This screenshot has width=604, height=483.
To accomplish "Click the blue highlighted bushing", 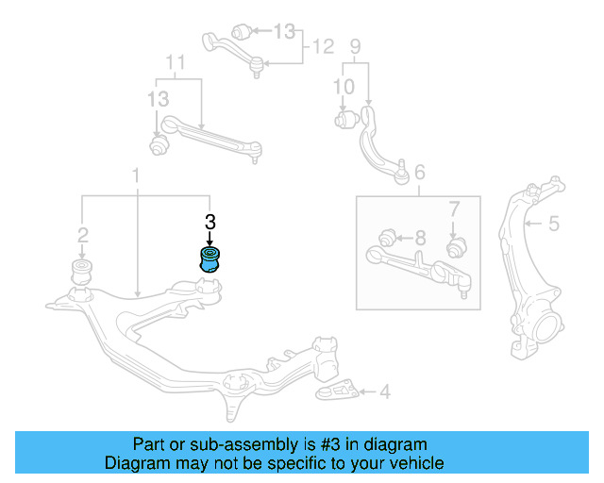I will click(209, 259).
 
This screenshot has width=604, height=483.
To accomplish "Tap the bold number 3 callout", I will click(210, 223).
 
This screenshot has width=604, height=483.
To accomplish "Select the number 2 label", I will click(83, 234).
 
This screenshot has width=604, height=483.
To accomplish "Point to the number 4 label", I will click(383, 391).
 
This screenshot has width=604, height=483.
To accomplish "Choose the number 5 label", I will click(554, 224).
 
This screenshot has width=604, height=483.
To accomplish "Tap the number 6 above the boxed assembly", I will click(419, 172).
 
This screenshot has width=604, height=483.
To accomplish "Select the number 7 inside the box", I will click(453, 208).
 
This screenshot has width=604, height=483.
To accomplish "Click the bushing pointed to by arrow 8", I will click(385, 235).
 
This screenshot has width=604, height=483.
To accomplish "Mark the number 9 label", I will click(356, 45).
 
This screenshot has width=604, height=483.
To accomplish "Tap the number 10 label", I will click(344, 87).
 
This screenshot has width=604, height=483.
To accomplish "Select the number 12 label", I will click(324, 45).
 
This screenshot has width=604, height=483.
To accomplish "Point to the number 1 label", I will click(137, 175).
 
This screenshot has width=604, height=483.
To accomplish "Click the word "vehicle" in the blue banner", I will click(414, 463).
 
